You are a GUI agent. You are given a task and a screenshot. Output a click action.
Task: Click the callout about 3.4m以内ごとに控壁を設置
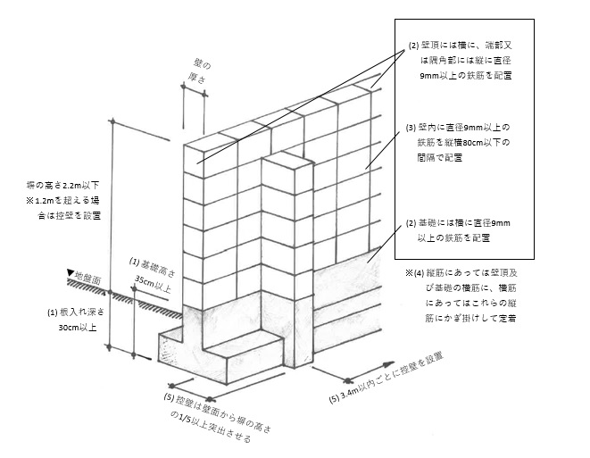click(x=386, y=378)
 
